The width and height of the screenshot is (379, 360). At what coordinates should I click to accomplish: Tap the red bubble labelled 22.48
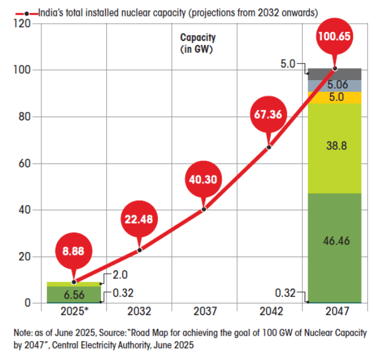coord(140,219)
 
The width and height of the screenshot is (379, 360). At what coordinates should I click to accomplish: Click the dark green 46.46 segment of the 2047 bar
coord(334,241)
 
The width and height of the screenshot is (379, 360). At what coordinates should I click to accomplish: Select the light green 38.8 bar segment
coord(334,146)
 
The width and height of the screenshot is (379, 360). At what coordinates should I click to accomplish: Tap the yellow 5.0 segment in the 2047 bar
coord(334,97)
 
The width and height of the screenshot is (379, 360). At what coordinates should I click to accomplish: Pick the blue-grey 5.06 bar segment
coord(334,85)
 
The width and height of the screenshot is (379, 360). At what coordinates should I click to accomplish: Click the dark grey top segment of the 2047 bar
coord(334,74)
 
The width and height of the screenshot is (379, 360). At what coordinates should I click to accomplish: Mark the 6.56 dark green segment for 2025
coord(74,294)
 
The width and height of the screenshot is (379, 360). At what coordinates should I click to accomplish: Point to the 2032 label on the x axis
coord(140,312)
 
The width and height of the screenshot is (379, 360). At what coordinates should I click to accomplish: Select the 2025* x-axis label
coord(74,312)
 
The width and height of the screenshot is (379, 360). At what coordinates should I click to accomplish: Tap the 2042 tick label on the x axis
coord(269,312)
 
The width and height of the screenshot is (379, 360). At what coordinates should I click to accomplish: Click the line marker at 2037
coord(204,209)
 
